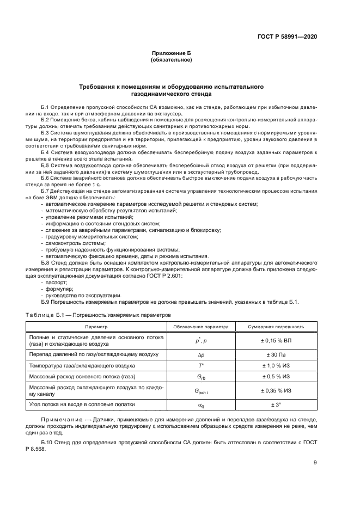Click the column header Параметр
[x=96, y=327]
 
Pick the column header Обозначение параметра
[x=200, y=327]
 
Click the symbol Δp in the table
[x=200, y=354]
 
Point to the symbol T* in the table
[x=200, y=366]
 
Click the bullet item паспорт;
[x=56, y=284]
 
